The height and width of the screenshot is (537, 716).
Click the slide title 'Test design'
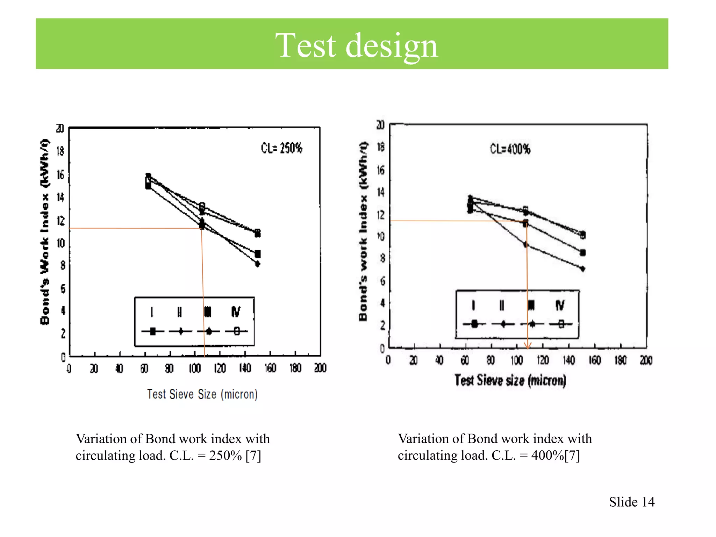357,45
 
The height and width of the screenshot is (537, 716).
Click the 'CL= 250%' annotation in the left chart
281,148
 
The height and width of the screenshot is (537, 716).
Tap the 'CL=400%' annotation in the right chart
510,149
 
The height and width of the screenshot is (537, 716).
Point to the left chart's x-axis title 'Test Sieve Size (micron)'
202,394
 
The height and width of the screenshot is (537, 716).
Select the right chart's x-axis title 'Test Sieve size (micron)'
510,380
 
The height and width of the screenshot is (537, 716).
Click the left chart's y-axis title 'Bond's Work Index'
45,231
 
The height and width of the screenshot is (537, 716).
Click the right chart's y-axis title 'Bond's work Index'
363,231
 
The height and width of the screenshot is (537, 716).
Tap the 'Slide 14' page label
631,502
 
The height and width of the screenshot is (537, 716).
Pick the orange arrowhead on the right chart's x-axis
528,346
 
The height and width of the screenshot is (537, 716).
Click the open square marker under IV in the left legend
237,331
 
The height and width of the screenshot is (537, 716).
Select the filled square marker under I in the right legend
474,324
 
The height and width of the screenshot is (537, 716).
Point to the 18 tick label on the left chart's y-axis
60,151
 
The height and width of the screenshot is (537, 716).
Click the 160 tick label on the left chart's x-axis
270,368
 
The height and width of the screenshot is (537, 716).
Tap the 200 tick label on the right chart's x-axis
646,360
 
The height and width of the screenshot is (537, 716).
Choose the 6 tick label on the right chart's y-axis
382,281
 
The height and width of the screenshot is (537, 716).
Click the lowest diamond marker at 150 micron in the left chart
258,264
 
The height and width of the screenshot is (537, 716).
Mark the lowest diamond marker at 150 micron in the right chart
582,269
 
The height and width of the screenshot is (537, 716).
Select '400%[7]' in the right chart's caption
556,456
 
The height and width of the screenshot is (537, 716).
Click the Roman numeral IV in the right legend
560,305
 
